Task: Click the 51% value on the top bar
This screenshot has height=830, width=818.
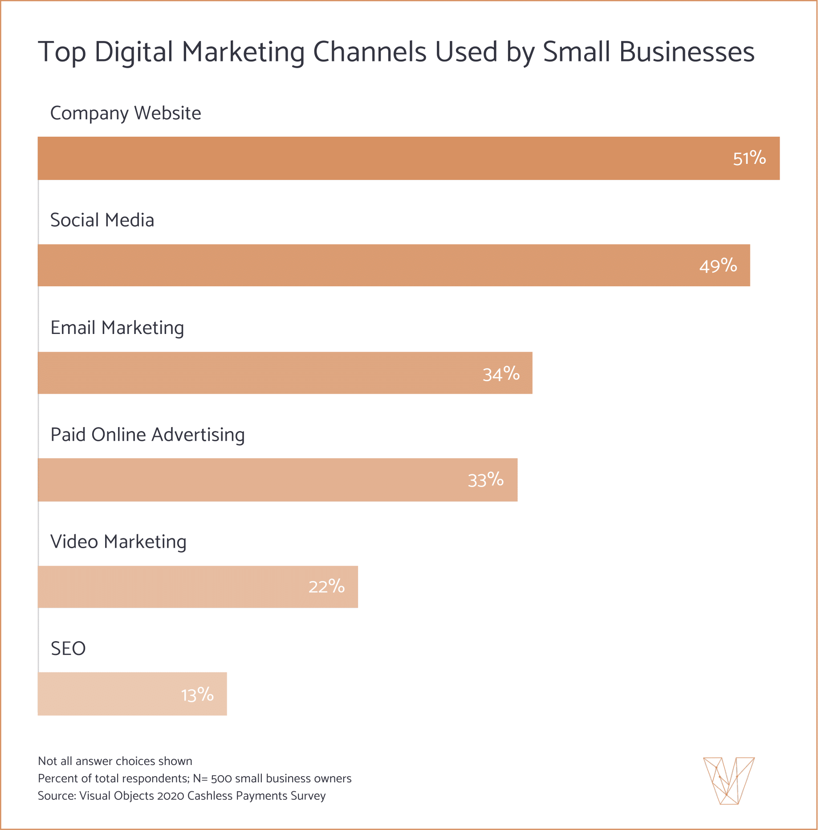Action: (x=749, y=158)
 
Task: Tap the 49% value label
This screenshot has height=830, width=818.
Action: (x=718, y=266)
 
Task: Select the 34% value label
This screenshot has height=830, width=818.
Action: (x=501, y=374)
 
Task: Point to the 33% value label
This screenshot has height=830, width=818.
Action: (x=485, y=480)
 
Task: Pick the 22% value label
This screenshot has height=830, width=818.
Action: (x=326, y=586)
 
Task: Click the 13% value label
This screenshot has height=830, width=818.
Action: (x=197, y=695)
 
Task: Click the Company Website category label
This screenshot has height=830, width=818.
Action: (x=126, y=113)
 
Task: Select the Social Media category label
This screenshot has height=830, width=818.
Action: (x=102, y=220)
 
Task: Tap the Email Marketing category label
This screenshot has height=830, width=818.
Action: (x=117, y=328)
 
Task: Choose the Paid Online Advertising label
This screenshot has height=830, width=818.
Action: (x=147, y=435)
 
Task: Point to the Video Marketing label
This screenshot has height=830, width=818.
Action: (x=118, y=542)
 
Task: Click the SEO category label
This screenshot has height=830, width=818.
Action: (x=68, y=649)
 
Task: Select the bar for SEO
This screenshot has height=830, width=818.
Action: (x=111, y=694)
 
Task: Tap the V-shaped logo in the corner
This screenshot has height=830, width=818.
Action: (x=728, y=781)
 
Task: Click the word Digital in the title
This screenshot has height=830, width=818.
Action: (x=134, y=52)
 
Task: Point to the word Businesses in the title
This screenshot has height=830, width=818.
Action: (x=687, y=52)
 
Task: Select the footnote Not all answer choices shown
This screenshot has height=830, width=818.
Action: (x=115, y=761)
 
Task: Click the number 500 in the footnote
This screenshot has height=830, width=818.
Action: (x=221, y=779)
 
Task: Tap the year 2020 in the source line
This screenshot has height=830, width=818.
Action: (x=171, y=796)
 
